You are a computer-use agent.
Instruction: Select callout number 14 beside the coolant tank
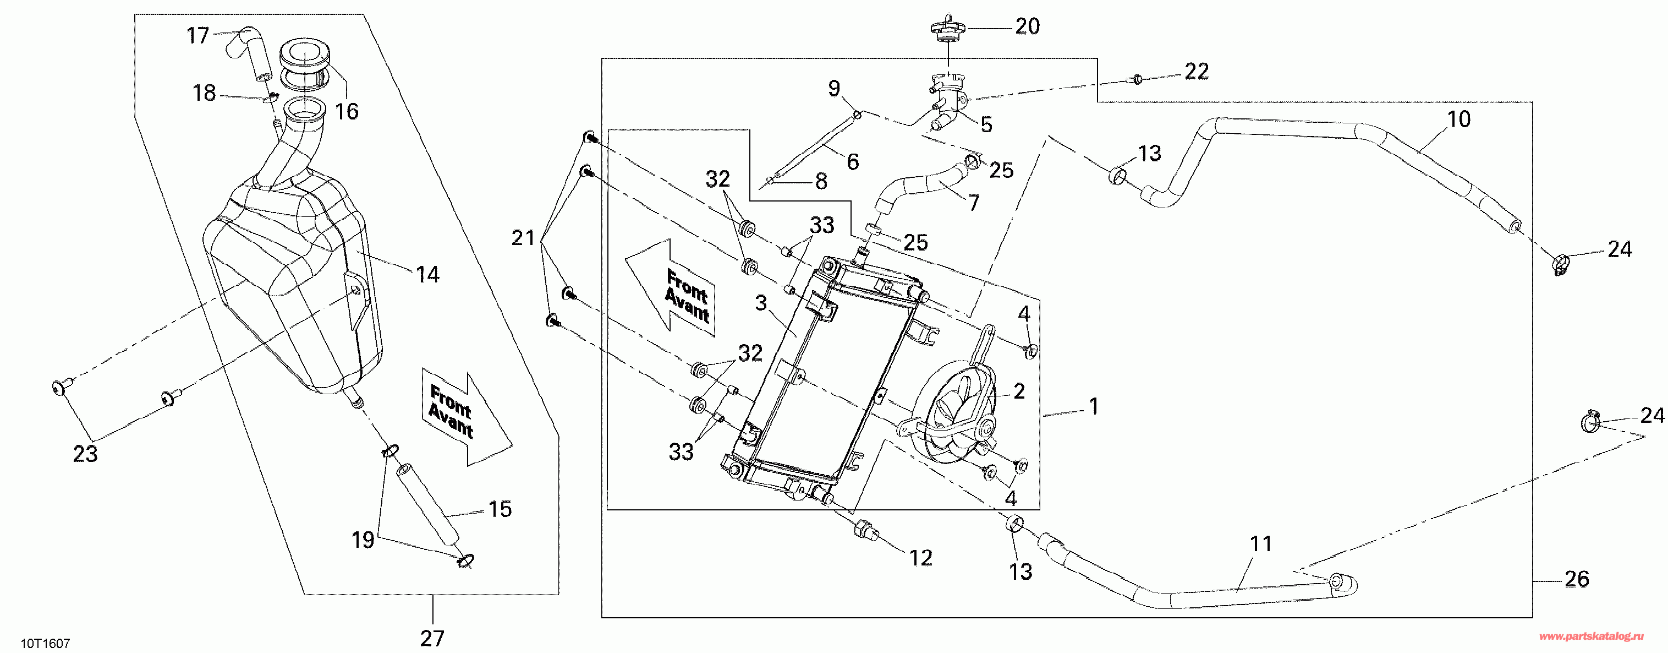click(x=427, y=275)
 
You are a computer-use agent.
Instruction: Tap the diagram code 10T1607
click(x=45, y=643)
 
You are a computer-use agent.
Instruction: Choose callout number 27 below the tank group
click(x=432, y=638)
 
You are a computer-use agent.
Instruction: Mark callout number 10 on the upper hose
click(x=1459, y=119)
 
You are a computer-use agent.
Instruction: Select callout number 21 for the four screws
click(x=523, y=238)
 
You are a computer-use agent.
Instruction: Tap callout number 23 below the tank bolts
click(x=85, y=454)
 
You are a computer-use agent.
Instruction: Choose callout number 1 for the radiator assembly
click(x=1094, y=406)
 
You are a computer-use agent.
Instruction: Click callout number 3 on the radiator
click(x=761, y=302)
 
